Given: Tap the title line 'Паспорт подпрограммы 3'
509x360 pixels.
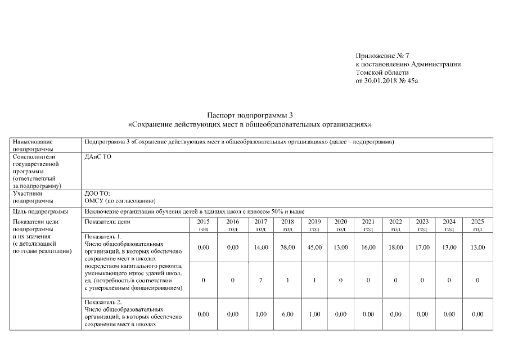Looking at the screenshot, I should (250, 115).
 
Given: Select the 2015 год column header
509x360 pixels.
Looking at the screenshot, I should (204, 225).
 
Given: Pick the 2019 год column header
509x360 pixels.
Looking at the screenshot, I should (314, 225).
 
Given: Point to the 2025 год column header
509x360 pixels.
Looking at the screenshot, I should (477, 225).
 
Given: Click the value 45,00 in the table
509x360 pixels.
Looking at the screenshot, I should (314, 247).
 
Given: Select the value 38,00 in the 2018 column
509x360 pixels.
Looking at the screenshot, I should (287, 247).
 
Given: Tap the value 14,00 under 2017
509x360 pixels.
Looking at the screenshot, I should (261, 247).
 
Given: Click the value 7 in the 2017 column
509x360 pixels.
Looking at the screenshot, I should (261, 280).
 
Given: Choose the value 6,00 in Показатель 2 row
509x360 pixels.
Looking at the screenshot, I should (287, 314).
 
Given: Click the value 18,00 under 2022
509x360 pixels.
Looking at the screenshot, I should (395, 247).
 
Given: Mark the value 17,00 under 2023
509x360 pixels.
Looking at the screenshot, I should (422, 247).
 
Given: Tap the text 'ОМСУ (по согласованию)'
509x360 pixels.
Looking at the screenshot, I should (120, 200).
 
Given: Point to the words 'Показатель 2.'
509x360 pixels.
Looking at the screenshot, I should (103, 302).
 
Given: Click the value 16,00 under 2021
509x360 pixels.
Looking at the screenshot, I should (368, 247).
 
